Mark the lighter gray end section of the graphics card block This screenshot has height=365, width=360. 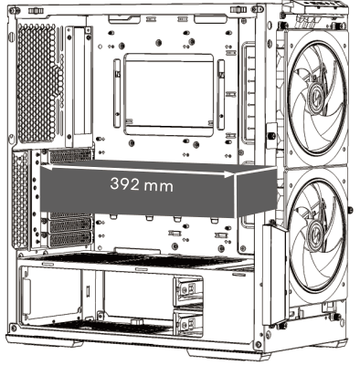coord(256,193)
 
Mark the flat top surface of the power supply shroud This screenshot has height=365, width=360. coord(137,262)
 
